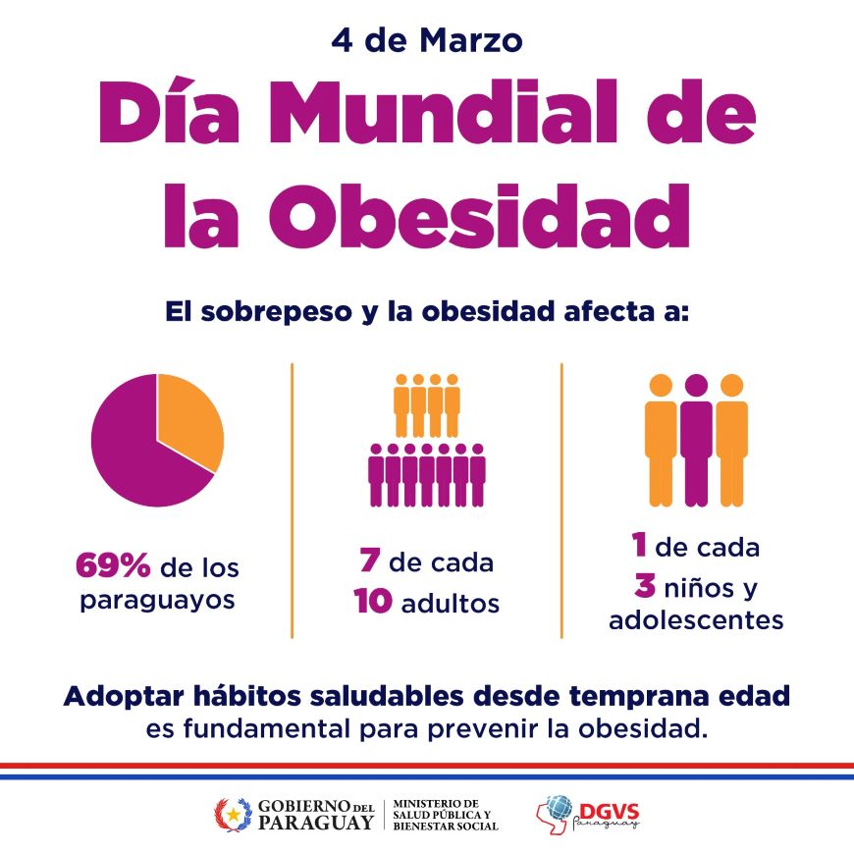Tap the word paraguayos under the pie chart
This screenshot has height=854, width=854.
click(157, 599)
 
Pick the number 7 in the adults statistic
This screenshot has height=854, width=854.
click(368, 563)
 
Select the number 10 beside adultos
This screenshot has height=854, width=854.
click(374, 602)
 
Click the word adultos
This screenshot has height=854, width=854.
click(451, 603)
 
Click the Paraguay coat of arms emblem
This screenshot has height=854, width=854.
click(233, 813)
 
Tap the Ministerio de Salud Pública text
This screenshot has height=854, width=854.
click(445, 814)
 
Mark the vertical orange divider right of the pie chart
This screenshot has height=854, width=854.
click(293, 501)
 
